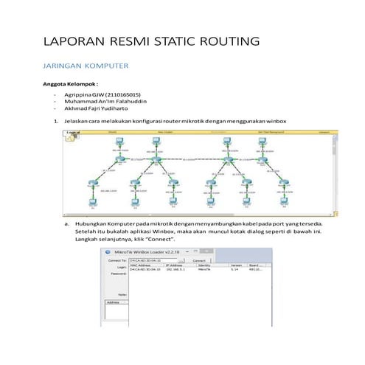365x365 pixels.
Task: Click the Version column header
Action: (236, 265)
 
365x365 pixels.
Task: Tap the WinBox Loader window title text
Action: (146, 251)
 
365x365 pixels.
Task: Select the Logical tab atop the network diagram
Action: (72, 133)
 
